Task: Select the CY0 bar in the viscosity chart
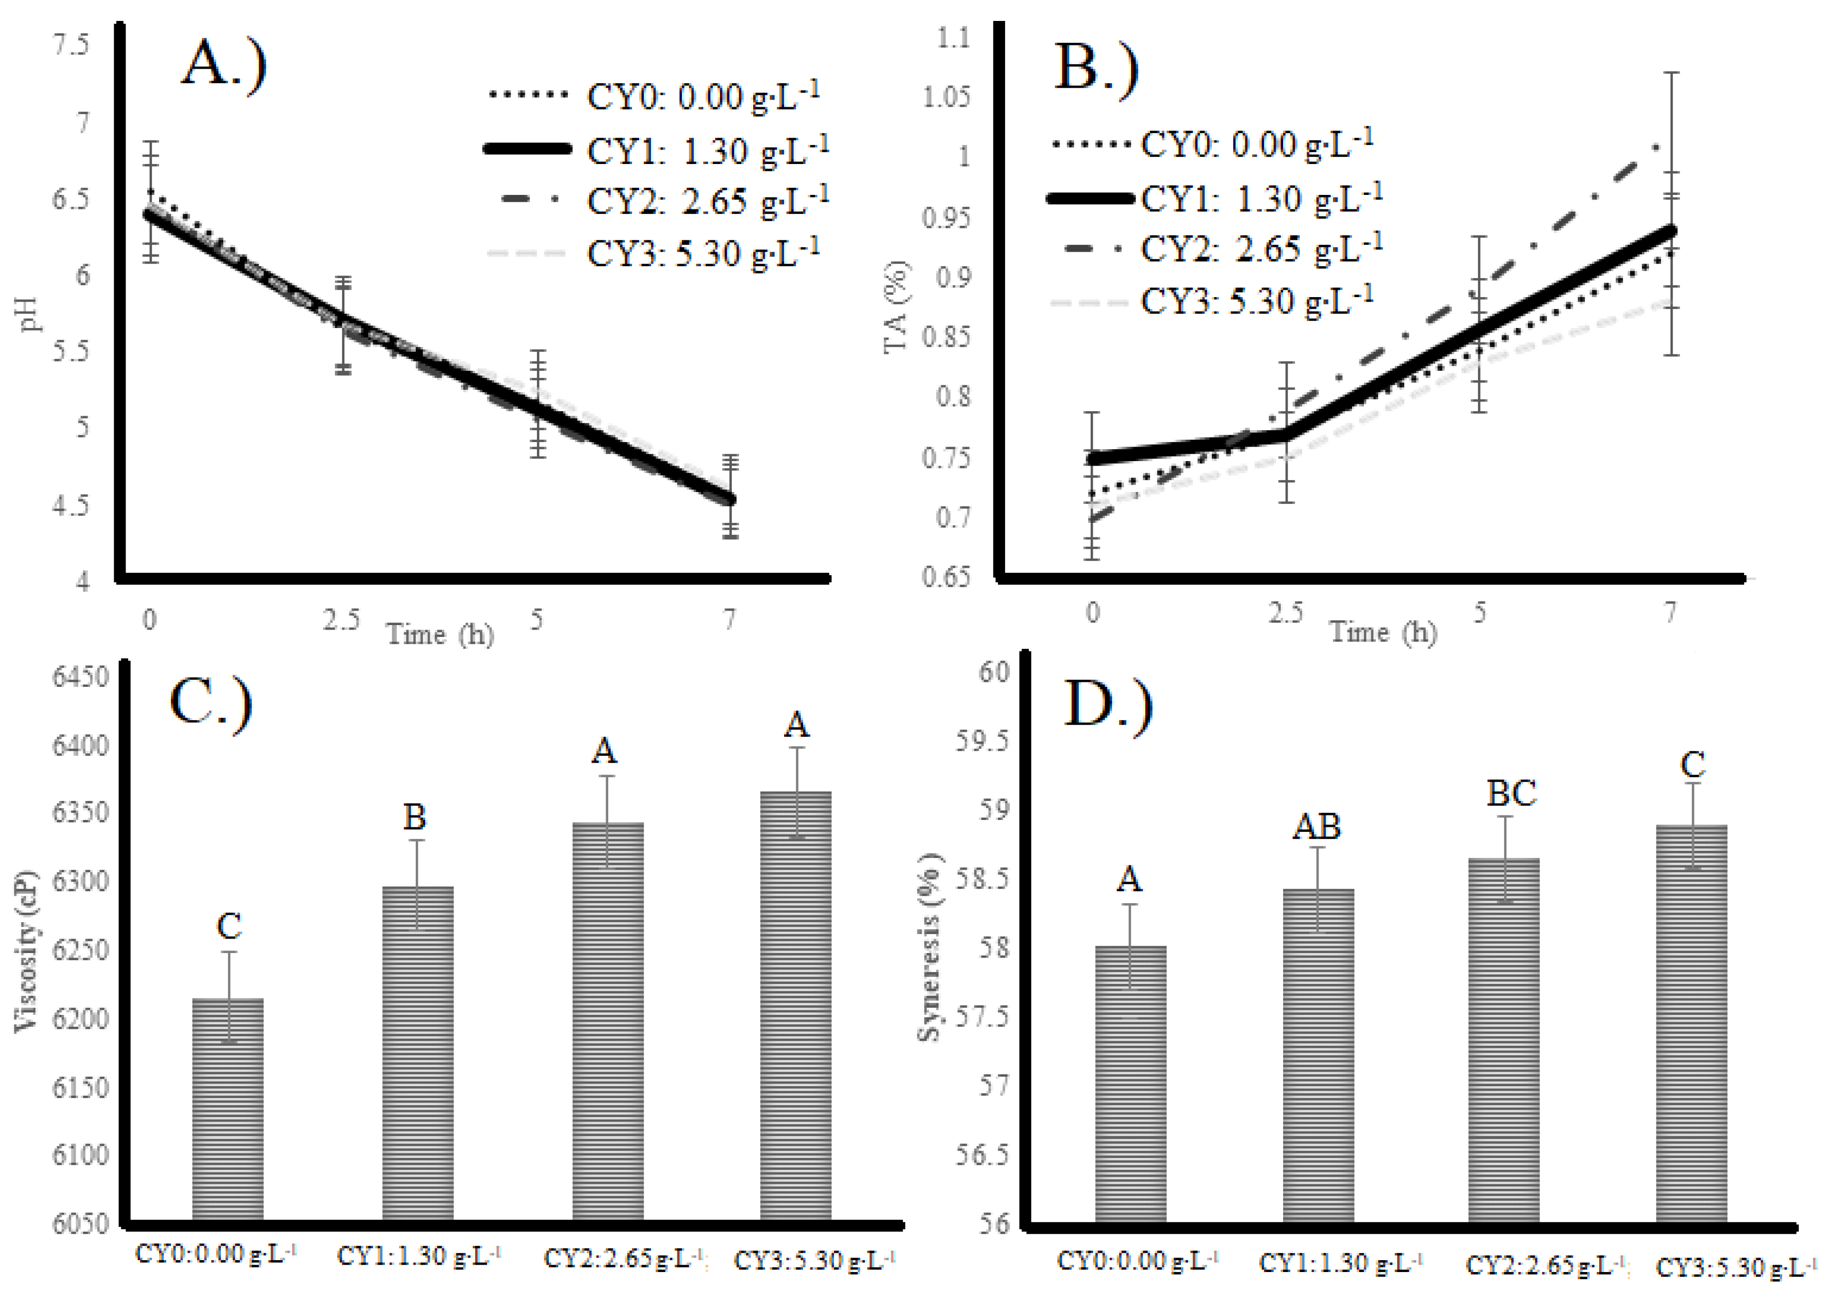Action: (228, 1110)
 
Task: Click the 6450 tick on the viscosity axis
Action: (80, 677)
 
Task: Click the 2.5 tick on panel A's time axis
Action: (341, 620)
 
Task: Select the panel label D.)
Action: (1109, 705)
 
